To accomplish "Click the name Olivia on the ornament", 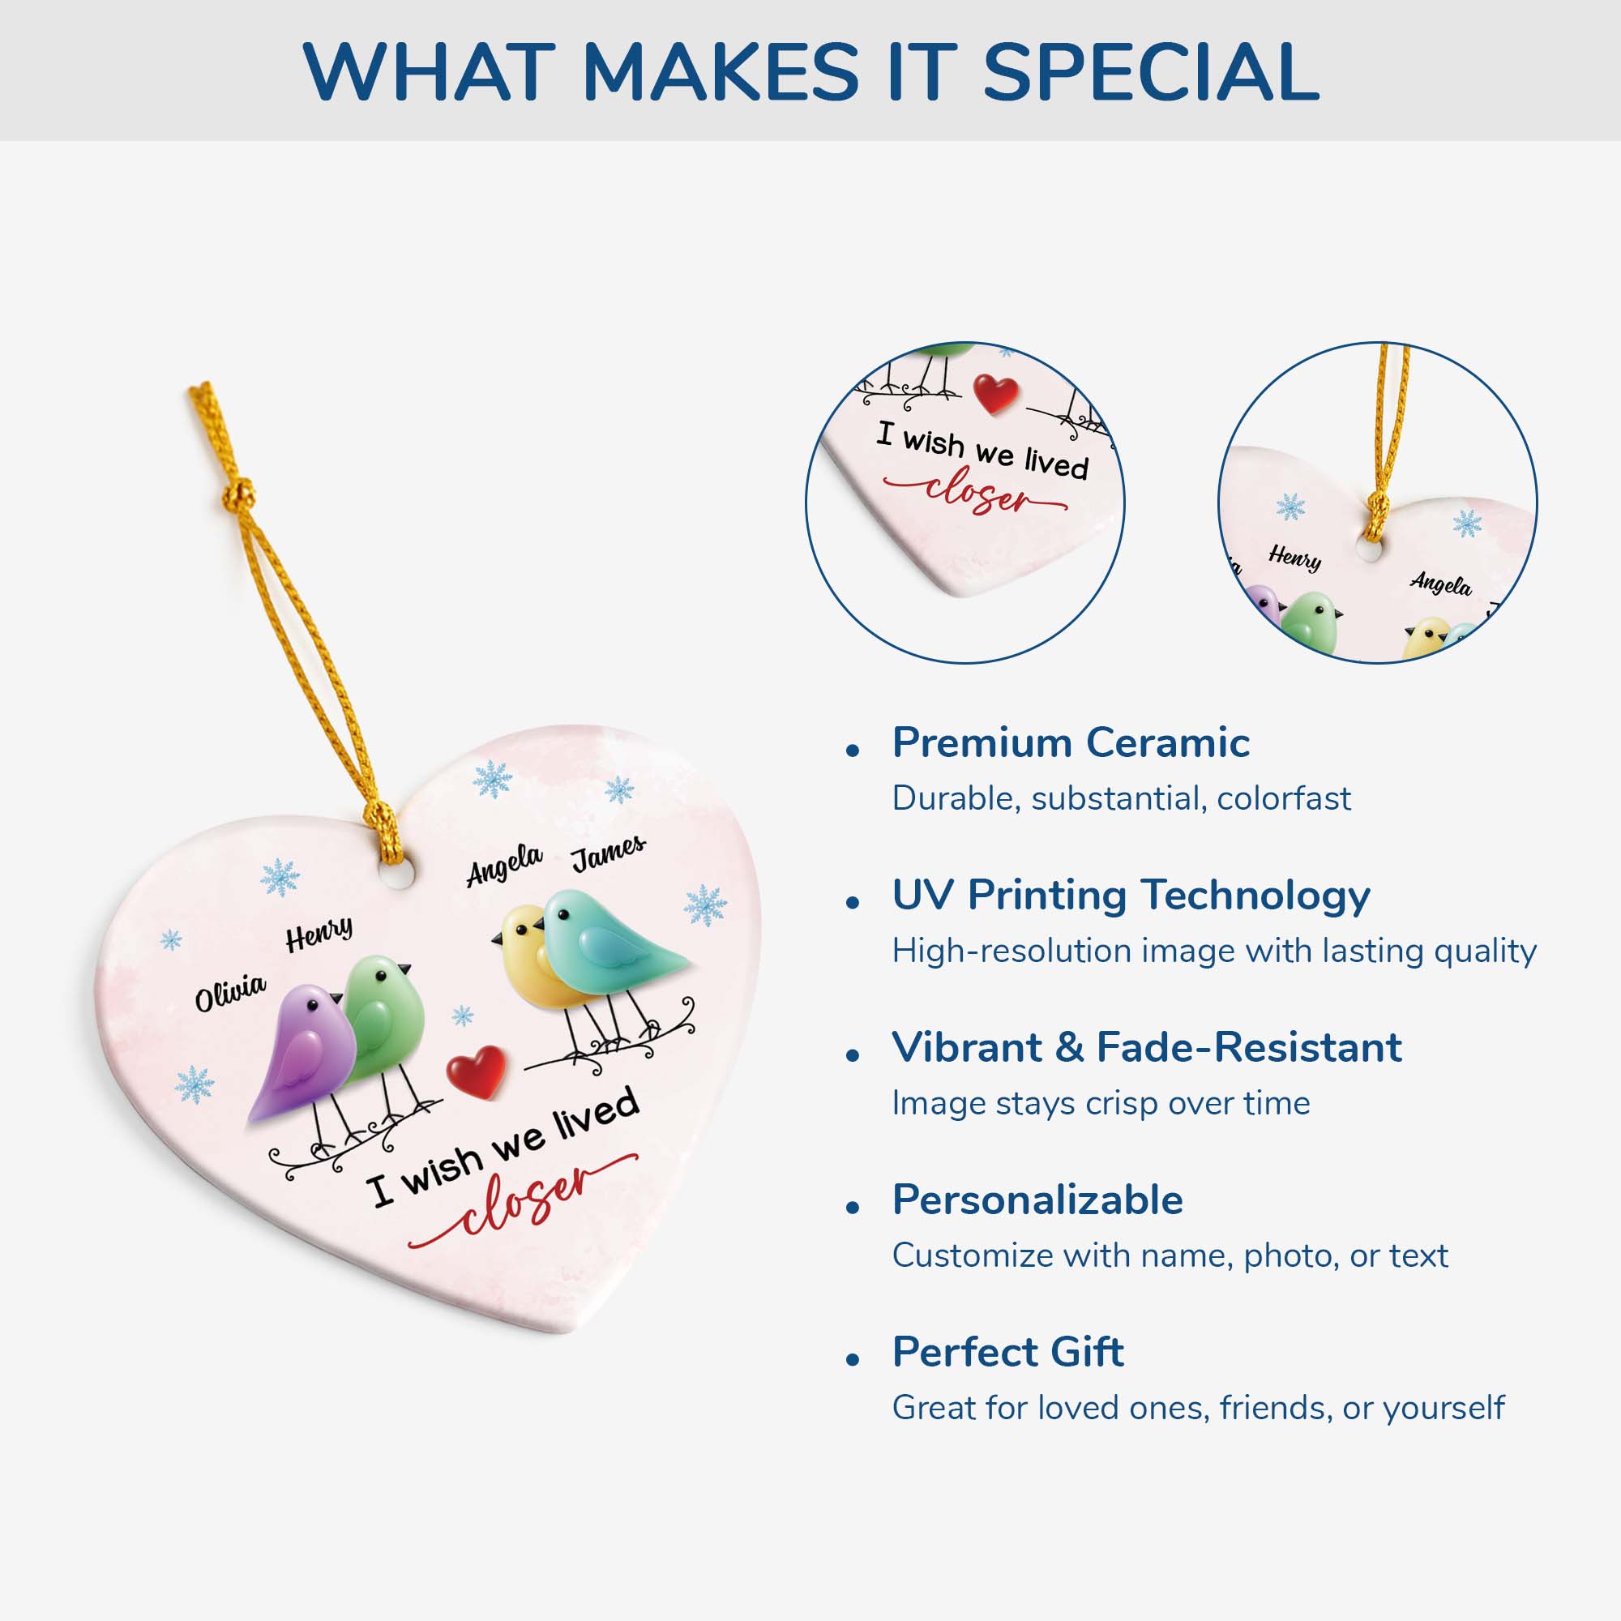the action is [231, 993].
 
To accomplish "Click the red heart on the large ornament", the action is [477, 1071].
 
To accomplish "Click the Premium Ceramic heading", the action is [1071, 742].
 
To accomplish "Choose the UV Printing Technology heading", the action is [1131, 896].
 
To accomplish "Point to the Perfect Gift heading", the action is [1007, 1353].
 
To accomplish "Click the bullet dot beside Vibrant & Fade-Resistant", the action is [853, 1055].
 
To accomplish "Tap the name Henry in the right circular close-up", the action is [1295, 557].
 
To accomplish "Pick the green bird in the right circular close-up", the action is [1312, 622].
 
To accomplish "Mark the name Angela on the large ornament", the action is [504, 864].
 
